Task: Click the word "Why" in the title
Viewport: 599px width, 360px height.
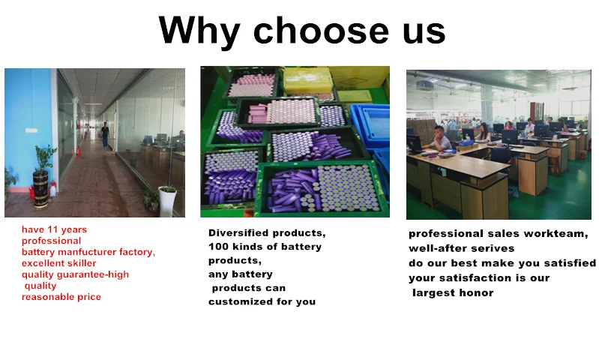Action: (x=199, y=31)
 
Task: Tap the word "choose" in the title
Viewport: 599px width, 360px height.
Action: (x=321, y=31)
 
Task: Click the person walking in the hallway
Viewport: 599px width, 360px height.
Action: (x=105, y=135)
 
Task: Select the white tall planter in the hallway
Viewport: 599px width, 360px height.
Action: (x=168, y=201)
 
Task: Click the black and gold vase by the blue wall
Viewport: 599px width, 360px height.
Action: (x=41, y=189)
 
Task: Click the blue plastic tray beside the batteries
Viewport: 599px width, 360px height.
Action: (x=370, y=125)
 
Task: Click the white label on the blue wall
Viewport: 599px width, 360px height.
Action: (x=31, y=130)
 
